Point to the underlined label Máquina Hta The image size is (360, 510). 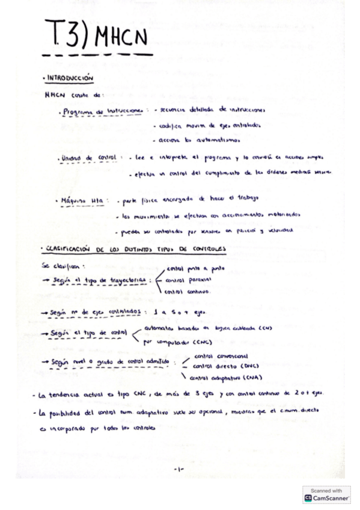(82, 200)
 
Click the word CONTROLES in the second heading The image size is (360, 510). (204, 248)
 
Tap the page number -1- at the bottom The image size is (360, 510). (178, 469)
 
